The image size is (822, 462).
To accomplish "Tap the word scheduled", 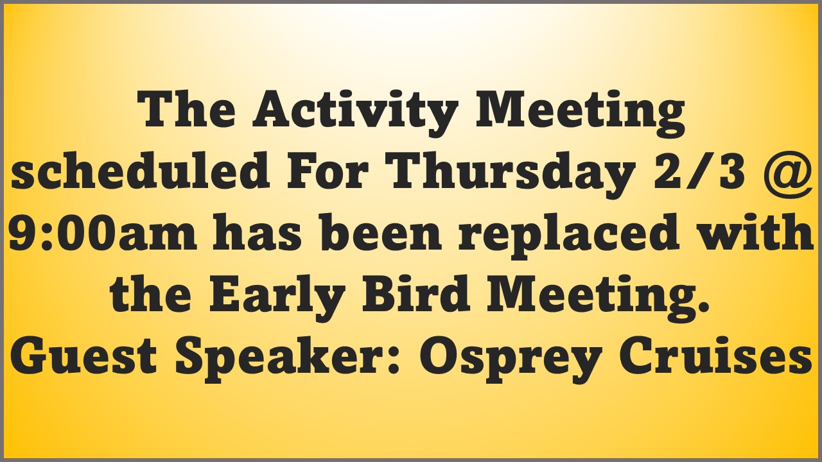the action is pyautogui.click(x=140, y=170).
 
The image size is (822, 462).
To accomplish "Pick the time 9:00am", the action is pyautogui.click(x=102, y=232).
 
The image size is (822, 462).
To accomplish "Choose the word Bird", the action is pyautogui.click(x=416, y=293).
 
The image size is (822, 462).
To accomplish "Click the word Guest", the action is pyautogui.click(x=83, y=355).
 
